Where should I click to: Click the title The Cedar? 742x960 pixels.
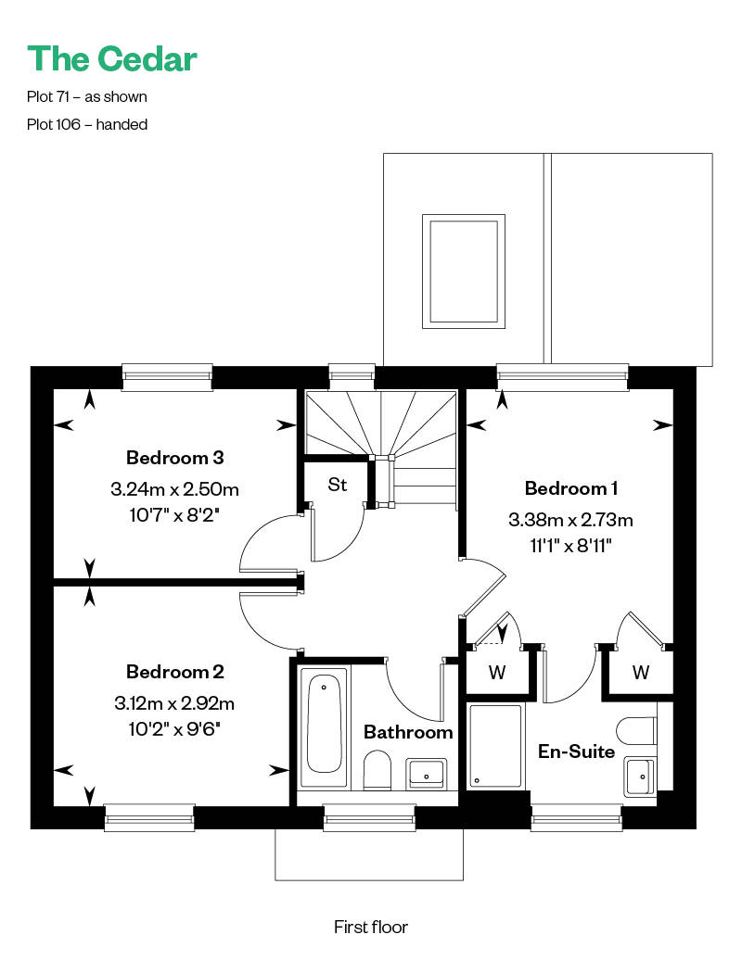point(112,58)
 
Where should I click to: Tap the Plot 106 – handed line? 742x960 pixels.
point(87,124)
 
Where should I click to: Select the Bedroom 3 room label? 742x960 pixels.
point(174,458)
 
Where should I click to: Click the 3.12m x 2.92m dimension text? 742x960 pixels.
point(174,702)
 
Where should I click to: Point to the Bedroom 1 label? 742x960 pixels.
point(571,488)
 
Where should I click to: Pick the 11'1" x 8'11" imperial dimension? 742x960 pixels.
point(571,545)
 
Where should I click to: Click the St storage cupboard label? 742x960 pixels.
point(338,485)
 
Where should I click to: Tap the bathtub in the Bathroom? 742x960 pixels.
point(324,726)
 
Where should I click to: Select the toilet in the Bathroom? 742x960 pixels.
point(377,770)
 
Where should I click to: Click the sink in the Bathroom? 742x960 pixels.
point(427,773)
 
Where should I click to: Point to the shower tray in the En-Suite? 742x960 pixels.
point(496,746)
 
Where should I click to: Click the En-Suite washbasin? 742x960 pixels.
point(639,777)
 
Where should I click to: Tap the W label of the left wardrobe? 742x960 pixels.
point(497,672)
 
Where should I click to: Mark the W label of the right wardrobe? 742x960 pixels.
point(641,672)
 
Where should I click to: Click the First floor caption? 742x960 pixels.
point(371,927)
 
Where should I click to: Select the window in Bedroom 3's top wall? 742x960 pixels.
point(167,376)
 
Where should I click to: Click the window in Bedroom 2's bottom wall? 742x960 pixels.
point(149,817)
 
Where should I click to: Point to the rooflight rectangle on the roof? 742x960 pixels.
point(463,272)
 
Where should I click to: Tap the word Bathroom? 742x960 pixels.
point(408,732)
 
